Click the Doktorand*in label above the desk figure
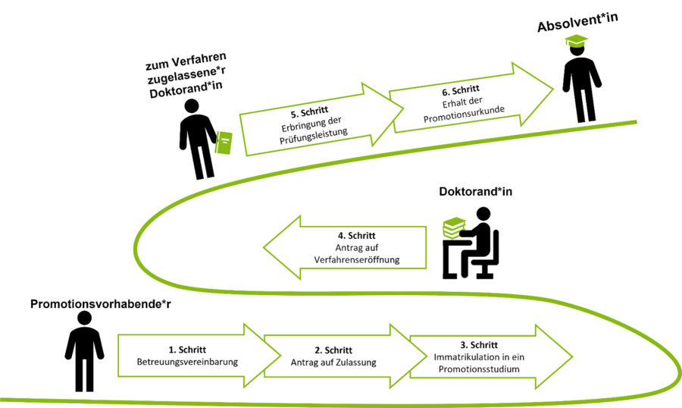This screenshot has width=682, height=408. tap(476, 192)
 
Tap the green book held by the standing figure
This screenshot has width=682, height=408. tap(224, 143)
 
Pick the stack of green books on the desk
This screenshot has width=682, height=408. tap(454, 225)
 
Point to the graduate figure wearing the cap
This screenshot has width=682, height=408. tap(581, 83)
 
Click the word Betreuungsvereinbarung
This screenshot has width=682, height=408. tap(187, 362)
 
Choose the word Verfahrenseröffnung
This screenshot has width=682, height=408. tap(356, 259)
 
